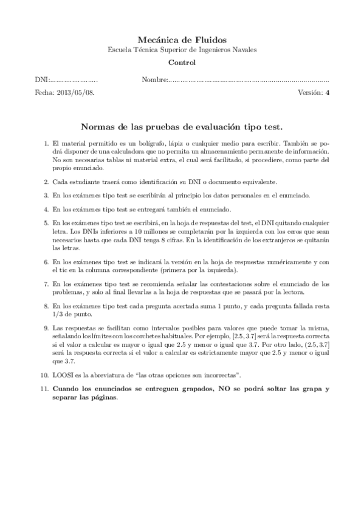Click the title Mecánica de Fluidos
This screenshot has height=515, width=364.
[182, 39]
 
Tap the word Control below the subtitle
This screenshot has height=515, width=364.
[182, 63]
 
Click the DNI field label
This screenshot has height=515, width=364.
[41, 80]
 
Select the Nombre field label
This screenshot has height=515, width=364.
[153, 80]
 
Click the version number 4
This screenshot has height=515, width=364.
[327, 93]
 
